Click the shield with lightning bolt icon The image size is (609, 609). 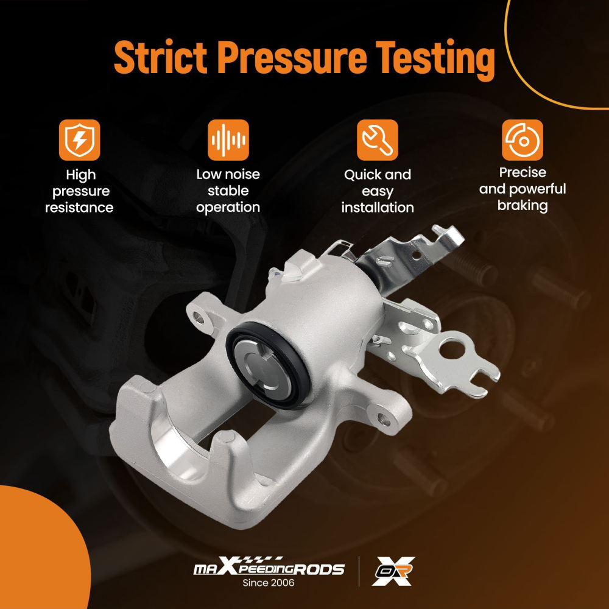pyautogui.click(x=80, y=140)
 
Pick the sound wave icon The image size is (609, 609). pyautogui.click(x=228, y=140)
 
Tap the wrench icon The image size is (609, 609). pyautogui.click(x=378, y=140)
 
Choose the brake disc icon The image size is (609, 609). pyautogui.click(x=523, y=140)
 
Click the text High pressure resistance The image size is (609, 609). pyautogui.click(x=80, y=191)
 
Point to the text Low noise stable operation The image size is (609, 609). pyautogui.click(x=228, y=191)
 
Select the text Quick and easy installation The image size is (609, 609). pyautogui.click(x=378, y=191)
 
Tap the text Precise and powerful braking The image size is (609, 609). pyautogui.click(x=523, y=189)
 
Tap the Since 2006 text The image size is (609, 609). pyautogui.click(x=269, y=583)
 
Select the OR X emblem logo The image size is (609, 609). pyautogui.click(x=393, y=571)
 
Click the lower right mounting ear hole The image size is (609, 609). pyautogui.click(x=384, y=419)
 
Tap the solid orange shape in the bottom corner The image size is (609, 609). pyautogui.click(x=39, y=552)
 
